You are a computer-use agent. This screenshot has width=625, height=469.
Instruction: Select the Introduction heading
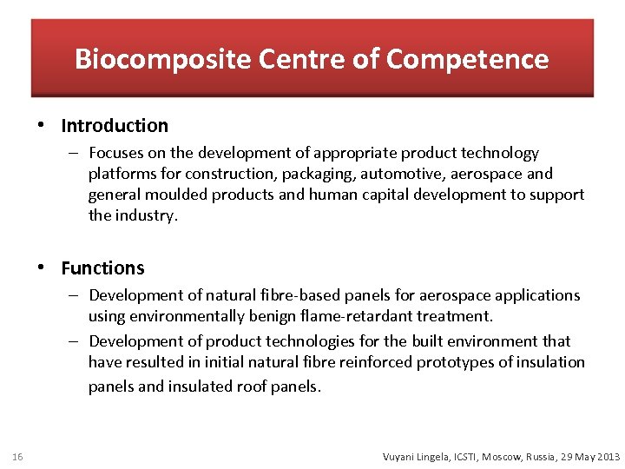(115, 126)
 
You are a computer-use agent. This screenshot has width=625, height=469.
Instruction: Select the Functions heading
(102, 268)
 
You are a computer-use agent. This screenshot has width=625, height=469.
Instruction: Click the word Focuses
(117, 153)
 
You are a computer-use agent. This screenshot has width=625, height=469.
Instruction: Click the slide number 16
(19, 456)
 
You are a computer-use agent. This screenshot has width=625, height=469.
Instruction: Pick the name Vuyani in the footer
(402, 456)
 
